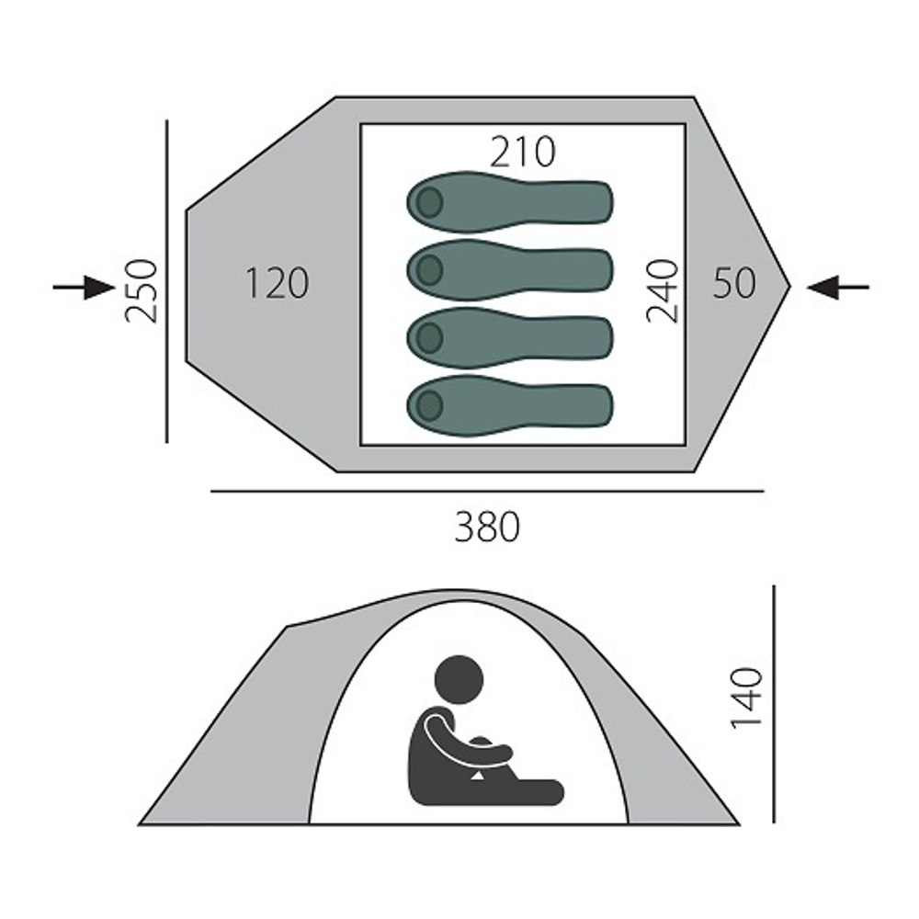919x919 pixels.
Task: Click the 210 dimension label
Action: coord(522,152)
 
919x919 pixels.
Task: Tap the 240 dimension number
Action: coord(663,291)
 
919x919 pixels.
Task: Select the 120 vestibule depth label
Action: coord(277,283)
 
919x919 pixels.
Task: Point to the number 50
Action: coord(734,283)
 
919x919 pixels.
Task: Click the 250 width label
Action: coord(142,291)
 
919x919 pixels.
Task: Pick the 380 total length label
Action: coord(487,527)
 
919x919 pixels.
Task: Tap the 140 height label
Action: coord(746,698)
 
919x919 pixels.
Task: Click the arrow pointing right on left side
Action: coord(84,287)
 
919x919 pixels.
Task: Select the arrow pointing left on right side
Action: coord(838,287)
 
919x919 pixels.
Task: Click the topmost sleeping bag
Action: coord(510,202)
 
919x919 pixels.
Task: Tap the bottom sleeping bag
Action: coord(510,405)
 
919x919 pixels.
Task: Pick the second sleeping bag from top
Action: coord(510,270)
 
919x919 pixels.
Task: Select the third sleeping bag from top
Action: coord(510,338)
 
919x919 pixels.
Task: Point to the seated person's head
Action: coord(459,680)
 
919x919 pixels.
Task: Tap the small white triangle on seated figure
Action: coord(478,776)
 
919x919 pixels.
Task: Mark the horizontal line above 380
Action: coord(487,491)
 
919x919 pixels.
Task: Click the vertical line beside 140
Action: coord(774,703)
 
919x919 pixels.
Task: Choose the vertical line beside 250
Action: coord(167,281)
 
